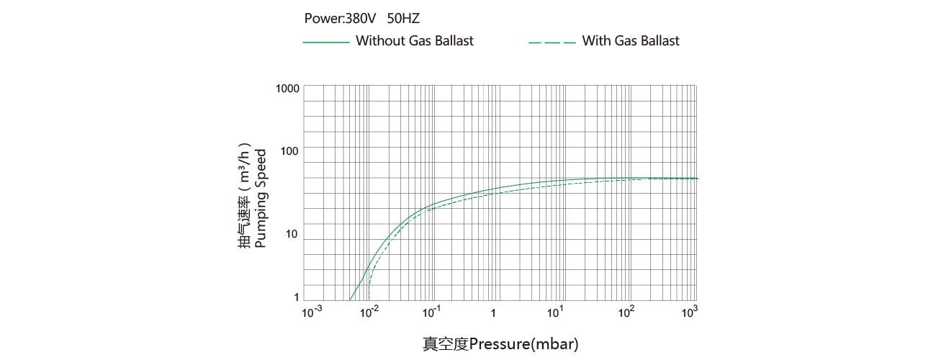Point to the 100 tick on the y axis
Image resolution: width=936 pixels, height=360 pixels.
click(290, 150)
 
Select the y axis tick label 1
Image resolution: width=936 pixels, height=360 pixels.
click(296, 297)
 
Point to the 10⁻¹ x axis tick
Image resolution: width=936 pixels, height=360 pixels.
click(431, 312)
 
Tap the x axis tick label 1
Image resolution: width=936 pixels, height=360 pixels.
click(493, 313)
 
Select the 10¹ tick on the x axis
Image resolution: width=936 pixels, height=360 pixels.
click(555, 312)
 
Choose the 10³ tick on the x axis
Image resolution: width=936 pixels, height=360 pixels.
click(690, 312)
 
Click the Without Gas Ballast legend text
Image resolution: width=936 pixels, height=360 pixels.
click(415, 41)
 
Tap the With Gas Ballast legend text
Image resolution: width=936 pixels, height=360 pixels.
click(631, 41)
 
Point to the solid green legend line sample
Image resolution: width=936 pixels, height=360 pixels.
click(325, 42)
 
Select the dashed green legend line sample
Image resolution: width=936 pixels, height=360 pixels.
click(552, 42)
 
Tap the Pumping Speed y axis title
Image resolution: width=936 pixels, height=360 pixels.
click(261, 198)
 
